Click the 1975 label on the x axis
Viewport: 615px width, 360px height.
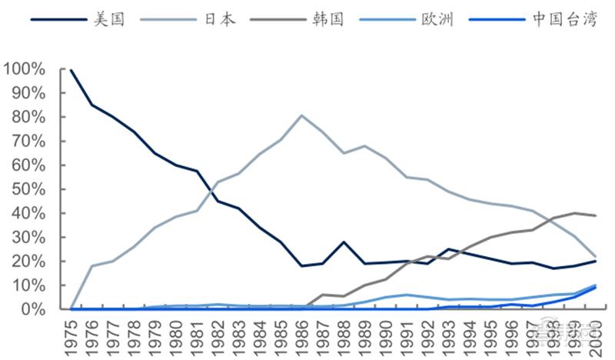coord(71,335)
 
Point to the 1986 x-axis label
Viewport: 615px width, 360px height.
coord(301,335)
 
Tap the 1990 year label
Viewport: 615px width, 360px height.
coord(384,335)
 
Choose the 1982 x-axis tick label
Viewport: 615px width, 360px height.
coord(218,335)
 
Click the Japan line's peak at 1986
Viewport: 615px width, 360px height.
coord(301,115)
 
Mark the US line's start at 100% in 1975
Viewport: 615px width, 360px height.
coord(71,70)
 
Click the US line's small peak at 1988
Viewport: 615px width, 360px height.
coord(343,242)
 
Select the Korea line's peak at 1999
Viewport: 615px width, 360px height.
coord(573,213)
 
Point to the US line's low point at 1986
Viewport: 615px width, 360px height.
coord(301,266)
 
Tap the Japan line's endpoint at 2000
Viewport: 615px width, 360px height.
coord(593,256)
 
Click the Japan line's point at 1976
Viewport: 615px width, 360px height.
coord(92,266)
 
